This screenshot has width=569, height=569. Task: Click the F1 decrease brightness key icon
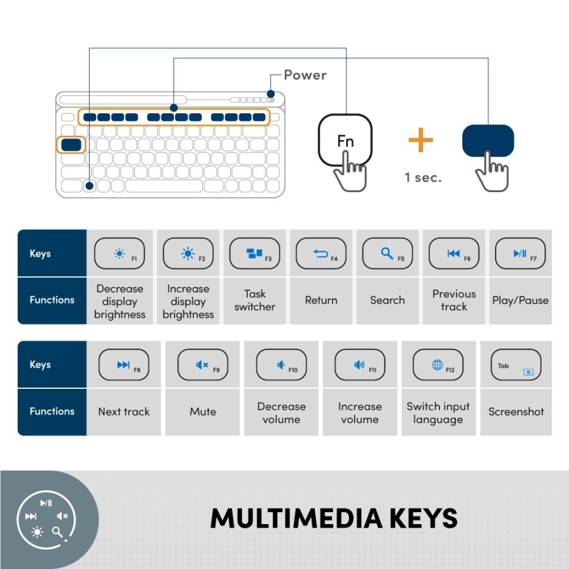pyautogui.click(x=119, y=254)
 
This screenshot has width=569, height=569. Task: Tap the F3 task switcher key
pyautogui.click(x=255, y=254)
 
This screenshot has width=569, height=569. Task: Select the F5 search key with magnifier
pyautogui.click(x=387, y=254)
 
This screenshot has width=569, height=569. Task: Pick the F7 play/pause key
pyautogui.click(x=520, y=254)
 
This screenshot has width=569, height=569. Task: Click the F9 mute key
pyautogui.click(x=202, y=365)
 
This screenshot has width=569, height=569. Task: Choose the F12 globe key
pyautogui.click(x=437, y=365)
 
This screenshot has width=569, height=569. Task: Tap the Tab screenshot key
pyautogui.click(x=516, y=365)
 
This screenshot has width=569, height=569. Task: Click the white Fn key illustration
pyautogui.click(x=345, y=140)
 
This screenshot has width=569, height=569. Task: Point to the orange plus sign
pyautogui.click(x=420, y=140)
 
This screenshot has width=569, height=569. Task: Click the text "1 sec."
pyautogui.click(x=423, y=178)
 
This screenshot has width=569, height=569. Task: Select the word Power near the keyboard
pyautogui.click(x=305, y=75)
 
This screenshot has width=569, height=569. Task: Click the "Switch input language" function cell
pyautogui.click(x=438, y=413)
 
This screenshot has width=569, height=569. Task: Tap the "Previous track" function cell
pyautogui.click(x=454, y=300)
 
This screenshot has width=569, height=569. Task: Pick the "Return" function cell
pyautogui.click(x=321, y=300)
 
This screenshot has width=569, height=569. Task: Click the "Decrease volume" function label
pyautogui.click(x=281, y=413)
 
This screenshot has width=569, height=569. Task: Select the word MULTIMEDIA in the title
pyautogui.click(x=297, y=518)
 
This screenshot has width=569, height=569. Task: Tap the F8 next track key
pyautogui.click(x=124, y=365)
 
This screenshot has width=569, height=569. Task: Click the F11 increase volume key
pyautogui.click(x=359, y=365)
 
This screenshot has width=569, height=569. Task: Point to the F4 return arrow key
pyautogui.click(x=321, y=254)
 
